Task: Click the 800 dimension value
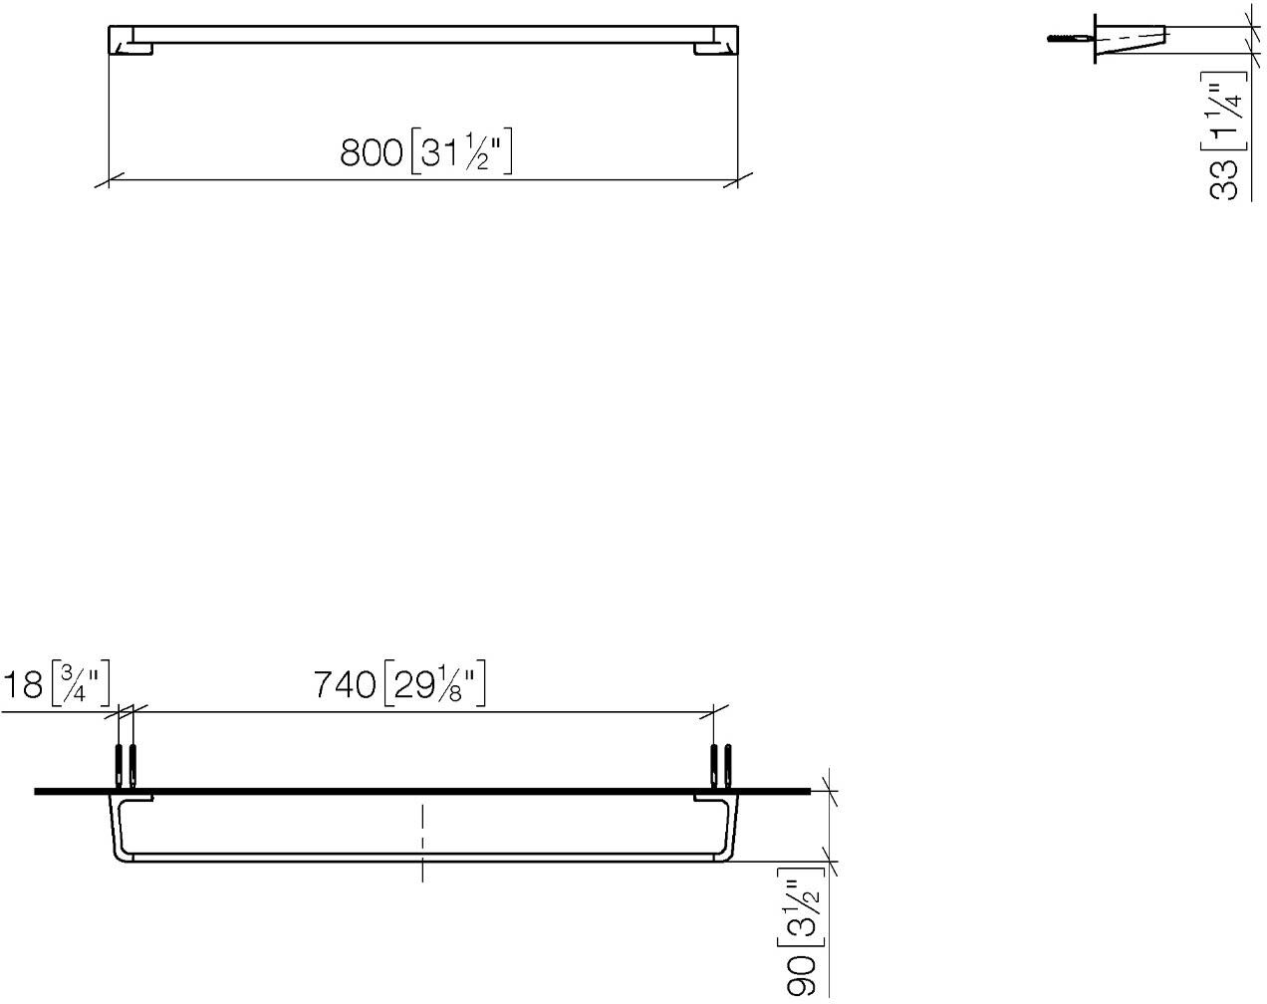(371, 152)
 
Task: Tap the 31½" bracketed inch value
(461, 152)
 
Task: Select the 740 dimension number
(344, 684)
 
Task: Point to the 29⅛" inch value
(434, 683)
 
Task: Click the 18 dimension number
(24, 684)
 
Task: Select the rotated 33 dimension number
(1223, 179)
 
